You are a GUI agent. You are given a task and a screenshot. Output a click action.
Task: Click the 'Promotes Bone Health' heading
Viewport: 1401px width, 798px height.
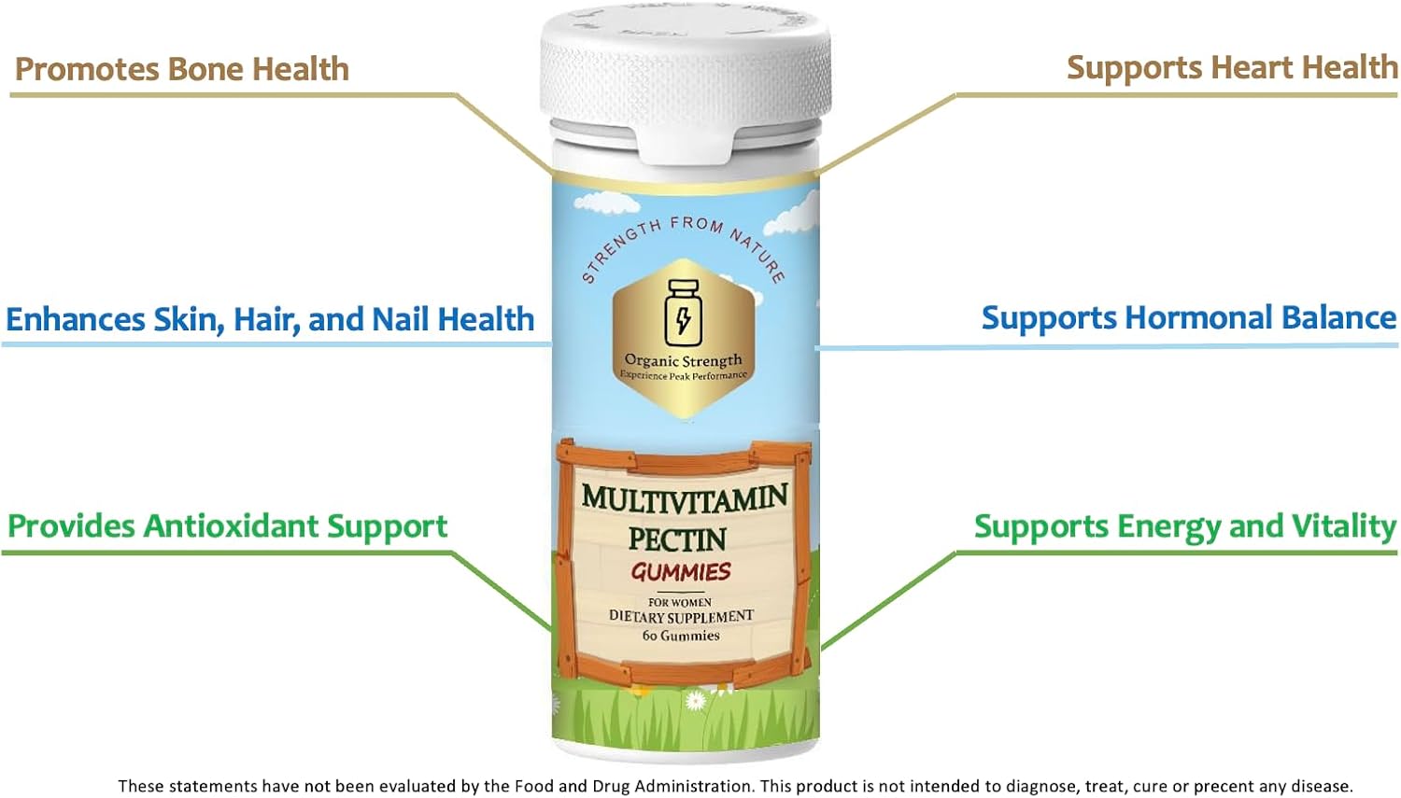click(x=182, y=69)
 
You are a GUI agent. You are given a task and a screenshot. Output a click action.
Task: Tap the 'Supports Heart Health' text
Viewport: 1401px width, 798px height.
click(x=1231, y=67)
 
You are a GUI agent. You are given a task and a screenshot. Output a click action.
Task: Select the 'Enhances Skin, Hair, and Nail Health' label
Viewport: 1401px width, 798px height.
click(x=270, y=319)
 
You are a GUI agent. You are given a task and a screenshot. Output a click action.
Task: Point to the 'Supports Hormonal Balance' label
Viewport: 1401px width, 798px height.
click(x=1188, y=317)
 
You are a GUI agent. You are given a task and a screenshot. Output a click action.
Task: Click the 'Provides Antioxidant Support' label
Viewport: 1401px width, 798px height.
click(x=228, y=526)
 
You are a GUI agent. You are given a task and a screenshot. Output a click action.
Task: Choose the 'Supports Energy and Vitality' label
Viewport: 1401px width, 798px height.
click(x=1184, y=526)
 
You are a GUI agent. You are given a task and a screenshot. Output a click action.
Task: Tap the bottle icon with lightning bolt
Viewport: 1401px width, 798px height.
click(x=683, y=313)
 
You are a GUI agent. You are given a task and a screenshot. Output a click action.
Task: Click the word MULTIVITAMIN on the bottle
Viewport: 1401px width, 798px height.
click(x=685, y=498)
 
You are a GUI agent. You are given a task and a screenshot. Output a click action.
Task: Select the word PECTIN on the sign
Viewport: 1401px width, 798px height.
click(x=677, y=539)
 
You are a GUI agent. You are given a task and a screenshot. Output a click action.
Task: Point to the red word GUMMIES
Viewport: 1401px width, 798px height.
click(x=680, y=571)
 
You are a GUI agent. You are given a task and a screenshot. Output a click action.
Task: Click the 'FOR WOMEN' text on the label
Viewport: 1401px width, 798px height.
click(x=680, y=602)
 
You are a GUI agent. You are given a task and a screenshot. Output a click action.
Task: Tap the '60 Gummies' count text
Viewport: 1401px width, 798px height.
click(x=681, y=636)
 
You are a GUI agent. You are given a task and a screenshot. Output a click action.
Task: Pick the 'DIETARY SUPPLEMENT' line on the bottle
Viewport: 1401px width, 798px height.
click(x=681, y=616)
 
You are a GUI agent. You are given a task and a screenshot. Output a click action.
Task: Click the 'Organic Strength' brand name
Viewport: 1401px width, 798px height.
click(x=683, y=360)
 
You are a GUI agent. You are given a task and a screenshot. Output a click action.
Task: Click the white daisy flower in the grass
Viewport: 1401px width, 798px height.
click(x=695, y=700)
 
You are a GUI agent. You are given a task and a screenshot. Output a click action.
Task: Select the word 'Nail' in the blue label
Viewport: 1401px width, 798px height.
click(x=401, y=319)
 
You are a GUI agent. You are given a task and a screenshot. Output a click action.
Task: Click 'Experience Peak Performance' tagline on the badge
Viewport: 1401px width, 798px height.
click(x=684, y=376)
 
